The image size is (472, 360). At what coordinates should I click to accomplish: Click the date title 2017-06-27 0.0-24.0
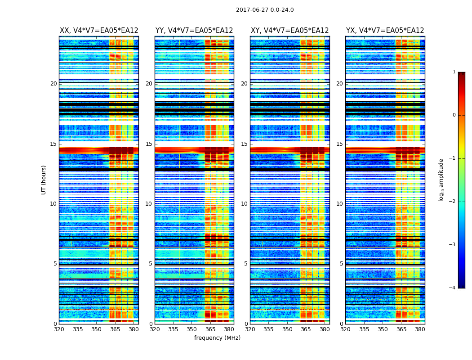tap(265, 10)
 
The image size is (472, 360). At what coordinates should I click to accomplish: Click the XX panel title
tap(99, 31)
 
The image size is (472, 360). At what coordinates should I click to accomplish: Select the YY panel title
tap(194, 31)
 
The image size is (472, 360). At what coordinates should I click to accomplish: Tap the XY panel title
tap(289, 31)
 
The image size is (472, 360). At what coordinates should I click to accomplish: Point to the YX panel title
tap(385, 31)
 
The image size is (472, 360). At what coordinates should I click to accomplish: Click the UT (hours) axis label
tap(44, 180)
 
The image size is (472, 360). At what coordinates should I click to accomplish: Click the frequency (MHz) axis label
tap(217, 338)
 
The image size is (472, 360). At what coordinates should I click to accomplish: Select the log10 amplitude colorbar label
tap(441, 180)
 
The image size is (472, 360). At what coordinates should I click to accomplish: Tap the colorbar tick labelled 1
tap(454, 72)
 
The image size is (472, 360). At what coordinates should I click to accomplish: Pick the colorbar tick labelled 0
tap(454, 115)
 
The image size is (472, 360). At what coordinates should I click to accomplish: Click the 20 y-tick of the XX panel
tap(53, 84)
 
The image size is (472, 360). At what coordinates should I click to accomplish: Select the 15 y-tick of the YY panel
tap(149, 144)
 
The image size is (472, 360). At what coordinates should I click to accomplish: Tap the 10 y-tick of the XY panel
tap(244, 204)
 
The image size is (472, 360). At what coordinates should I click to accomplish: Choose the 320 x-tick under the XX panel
tap(59, 329)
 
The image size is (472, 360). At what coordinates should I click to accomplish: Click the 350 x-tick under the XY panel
tap(287, 329)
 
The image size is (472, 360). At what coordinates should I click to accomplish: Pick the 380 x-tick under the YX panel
tap(420, 329)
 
